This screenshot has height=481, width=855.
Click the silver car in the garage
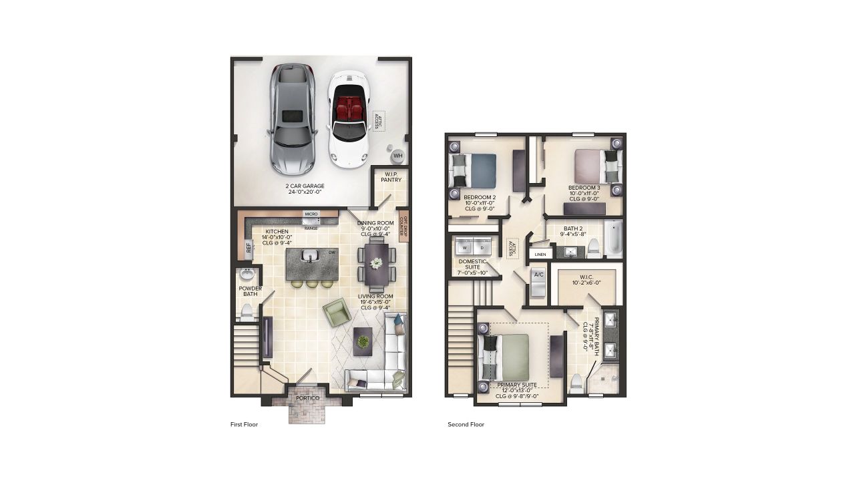click(x=293, y=119)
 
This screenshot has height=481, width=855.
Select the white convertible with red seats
click(x=348, y=120)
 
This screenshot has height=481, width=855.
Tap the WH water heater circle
click(x=397, y=156)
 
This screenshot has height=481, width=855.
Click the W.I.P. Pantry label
click(x=390, y=177)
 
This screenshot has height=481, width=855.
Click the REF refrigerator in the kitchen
click(x=248, y=248)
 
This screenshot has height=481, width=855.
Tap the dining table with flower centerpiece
click(x=377, y=263)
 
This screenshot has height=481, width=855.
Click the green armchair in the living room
click(x=337, y=312)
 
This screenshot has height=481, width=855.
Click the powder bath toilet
click(x=246, y=311)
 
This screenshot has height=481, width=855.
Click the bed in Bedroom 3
click(x=596, y=166)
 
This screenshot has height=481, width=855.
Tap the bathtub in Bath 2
click(x=613, y=238)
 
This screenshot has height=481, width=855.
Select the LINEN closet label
click(x=539, y=255)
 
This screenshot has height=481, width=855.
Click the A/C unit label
click(x=538, y=275)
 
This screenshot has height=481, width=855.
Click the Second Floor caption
click(x=466, y=424)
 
